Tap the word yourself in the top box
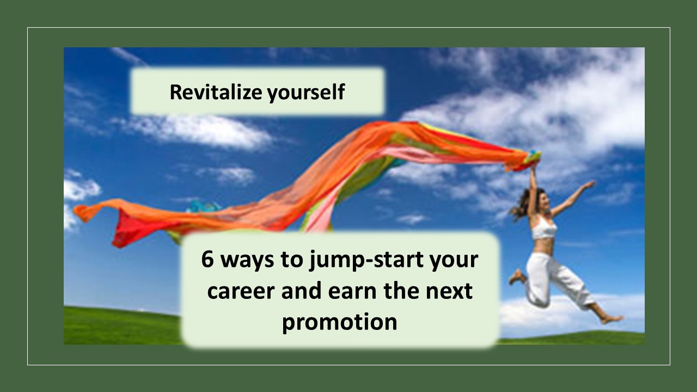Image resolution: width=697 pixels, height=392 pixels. [x=306, y=93]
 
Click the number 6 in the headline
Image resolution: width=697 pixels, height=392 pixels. [x=207, y=259]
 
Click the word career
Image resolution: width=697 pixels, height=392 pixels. [x=241, y=291]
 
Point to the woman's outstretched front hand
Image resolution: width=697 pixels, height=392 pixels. [x=589, y=185]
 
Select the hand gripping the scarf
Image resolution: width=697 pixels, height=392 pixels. [x=533, y=170]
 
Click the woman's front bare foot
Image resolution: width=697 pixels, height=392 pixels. [x=612, y=319]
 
